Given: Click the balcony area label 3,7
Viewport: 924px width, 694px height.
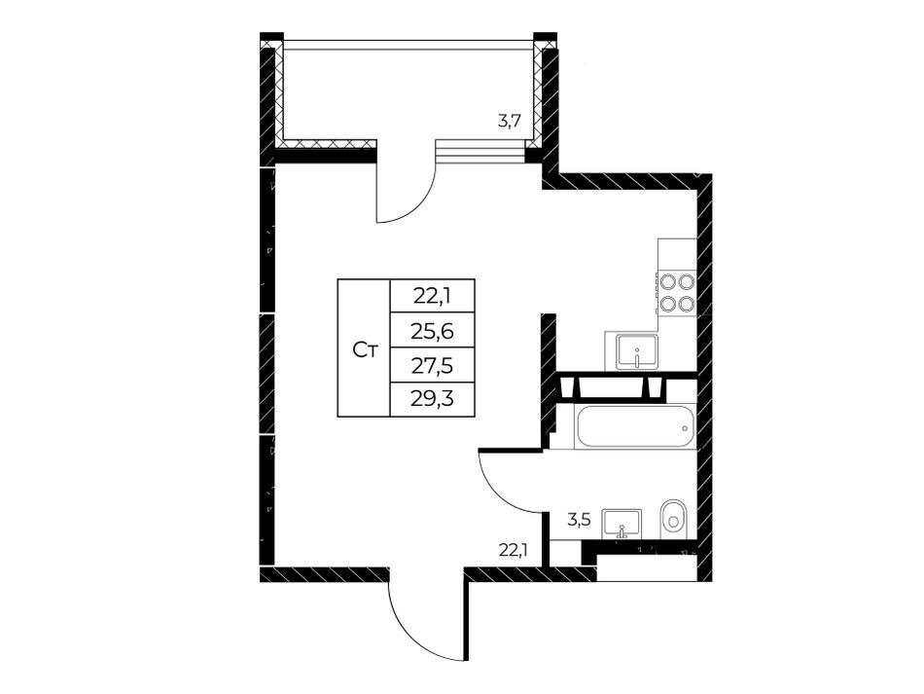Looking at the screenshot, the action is tap(508, 122).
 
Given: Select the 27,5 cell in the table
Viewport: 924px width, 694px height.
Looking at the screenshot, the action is tap(433, 365).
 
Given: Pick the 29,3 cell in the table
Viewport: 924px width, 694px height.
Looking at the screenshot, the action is tap(433, 400).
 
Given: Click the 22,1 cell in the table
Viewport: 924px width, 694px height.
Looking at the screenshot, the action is tap(433, 296).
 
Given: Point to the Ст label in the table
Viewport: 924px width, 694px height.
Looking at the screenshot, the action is tap(365, 350).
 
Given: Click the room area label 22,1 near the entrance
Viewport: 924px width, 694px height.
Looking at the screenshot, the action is tap(513, 551).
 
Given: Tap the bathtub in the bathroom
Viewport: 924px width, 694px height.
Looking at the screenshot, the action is tap(636, 427).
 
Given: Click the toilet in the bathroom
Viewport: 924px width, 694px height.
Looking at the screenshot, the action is tap(674, 520).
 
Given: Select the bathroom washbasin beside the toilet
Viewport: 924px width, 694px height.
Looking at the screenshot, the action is tap(622, 523).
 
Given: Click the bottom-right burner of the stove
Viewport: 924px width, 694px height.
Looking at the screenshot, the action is tap(686, 305).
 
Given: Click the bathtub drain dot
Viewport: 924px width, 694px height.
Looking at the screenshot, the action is tap(685, 427).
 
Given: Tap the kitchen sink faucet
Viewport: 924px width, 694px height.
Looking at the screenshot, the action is tap(637, 357).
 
